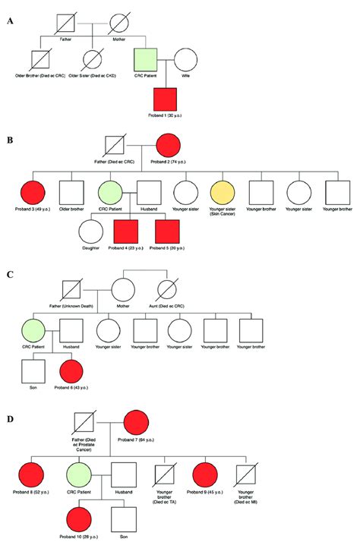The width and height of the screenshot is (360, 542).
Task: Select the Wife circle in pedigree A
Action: pos(187,60)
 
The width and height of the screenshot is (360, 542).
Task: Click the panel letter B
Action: pos(10,141)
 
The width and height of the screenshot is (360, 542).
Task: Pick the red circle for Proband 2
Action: pos(168,149)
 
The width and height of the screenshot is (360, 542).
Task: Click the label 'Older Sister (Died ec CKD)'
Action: pos(93,77)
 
